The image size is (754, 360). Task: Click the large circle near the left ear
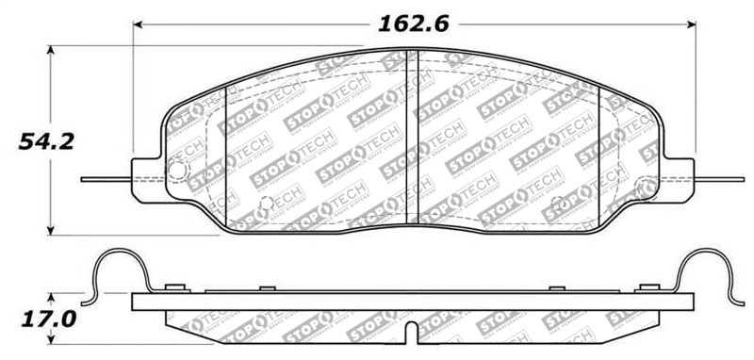[176, 170]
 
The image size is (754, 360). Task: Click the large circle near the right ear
[647, 187]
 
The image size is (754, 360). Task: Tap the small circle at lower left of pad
[266, 201]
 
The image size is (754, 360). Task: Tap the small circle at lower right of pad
[556, 201]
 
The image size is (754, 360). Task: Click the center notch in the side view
[412, 333]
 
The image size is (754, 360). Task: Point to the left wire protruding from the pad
[104, 178]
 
